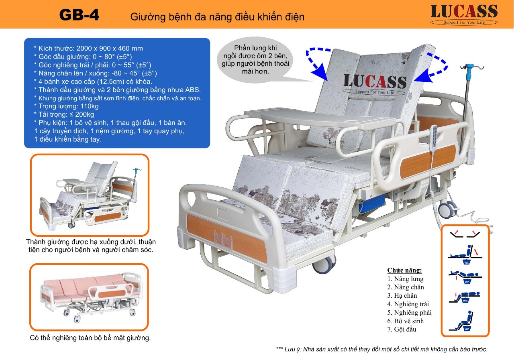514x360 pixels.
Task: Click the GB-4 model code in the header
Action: [x=79, y=15]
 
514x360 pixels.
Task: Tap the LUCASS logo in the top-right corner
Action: [x=464, y=14]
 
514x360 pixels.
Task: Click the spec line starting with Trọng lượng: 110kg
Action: [x=66, y=106]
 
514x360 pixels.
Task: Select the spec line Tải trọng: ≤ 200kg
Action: [x=64, y=115]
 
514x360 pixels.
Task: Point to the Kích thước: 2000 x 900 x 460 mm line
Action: [x=88, y=48]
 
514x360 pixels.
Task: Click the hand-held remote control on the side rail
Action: [x=434, y=134]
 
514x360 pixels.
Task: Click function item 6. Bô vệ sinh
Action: [x=406, y=321]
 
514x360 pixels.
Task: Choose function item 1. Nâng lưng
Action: [x=405, y=279]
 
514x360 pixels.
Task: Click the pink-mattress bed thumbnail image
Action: [x=89, y=297]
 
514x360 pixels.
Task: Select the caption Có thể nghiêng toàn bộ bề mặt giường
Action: [x=90, y=338]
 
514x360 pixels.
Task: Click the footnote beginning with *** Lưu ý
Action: [x=382, y=349]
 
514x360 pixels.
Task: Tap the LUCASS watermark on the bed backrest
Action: [x=375, y=83]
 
